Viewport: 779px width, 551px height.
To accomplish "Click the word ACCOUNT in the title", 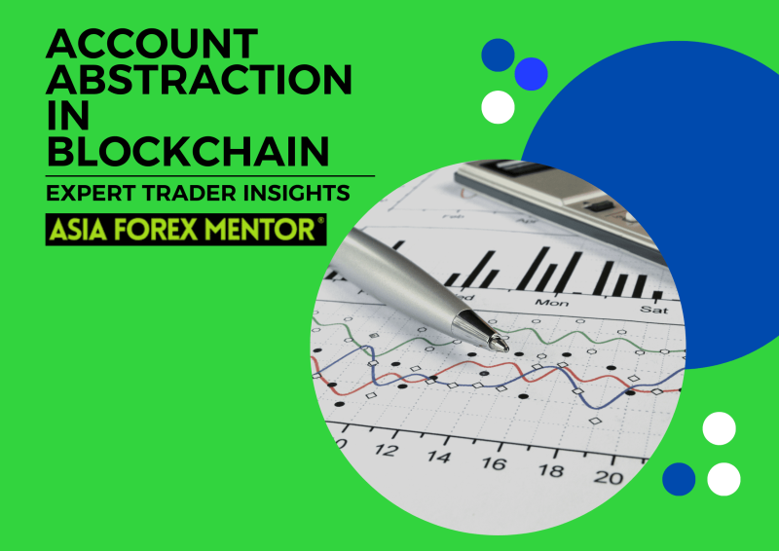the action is tap(152, 44).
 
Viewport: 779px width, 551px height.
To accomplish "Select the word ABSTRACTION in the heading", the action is tap(199, 79).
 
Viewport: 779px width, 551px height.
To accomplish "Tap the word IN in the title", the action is tap(67, 115).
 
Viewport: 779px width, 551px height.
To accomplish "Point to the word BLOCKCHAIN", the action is tap(188, 151).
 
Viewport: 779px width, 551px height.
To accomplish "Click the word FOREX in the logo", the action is tap(156, 230).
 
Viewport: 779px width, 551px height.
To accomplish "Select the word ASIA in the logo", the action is tap(78, 230).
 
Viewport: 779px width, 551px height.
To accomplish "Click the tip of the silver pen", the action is tap(506, 348).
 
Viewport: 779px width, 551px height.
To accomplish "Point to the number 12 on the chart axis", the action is tap(386, 450).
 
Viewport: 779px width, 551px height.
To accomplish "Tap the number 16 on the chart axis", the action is tap(494, 463).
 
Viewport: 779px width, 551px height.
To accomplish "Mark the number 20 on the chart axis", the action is tap(608, 477).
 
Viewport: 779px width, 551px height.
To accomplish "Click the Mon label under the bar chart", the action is tap(552, 302).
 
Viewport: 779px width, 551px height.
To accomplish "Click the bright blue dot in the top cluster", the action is tap(531, 74).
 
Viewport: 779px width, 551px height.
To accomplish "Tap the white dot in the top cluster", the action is tap(498, 107).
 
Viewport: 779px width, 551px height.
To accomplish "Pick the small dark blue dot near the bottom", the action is tap(679, 479).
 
